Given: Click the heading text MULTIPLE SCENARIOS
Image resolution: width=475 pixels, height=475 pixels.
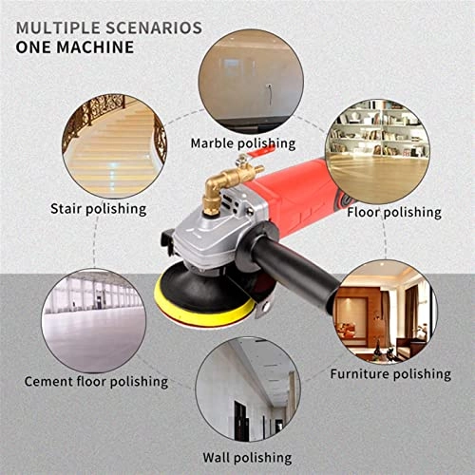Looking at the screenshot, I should click(x=108, y=26).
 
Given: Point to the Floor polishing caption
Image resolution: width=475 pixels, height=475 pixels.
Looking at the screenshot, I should click(x=394, y=212).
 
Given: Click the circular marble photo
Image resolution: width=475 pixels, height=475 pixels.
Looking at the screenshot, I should click(x=242, y=79).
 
